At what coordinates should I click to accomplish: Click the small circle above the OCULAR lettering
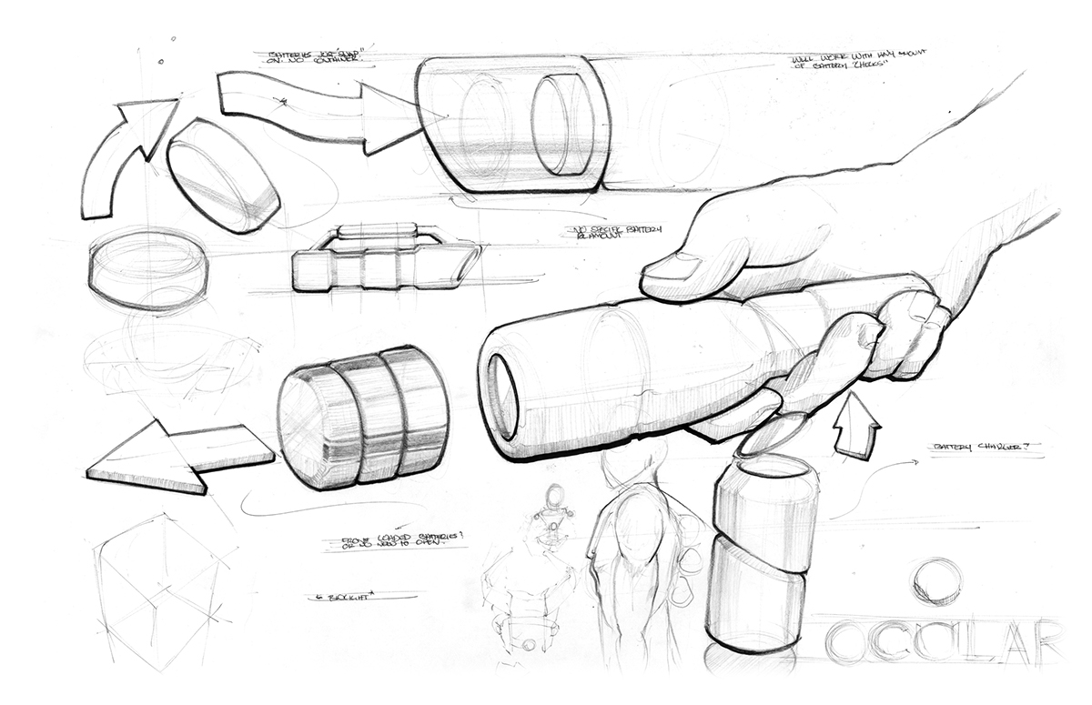(936, 580)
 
